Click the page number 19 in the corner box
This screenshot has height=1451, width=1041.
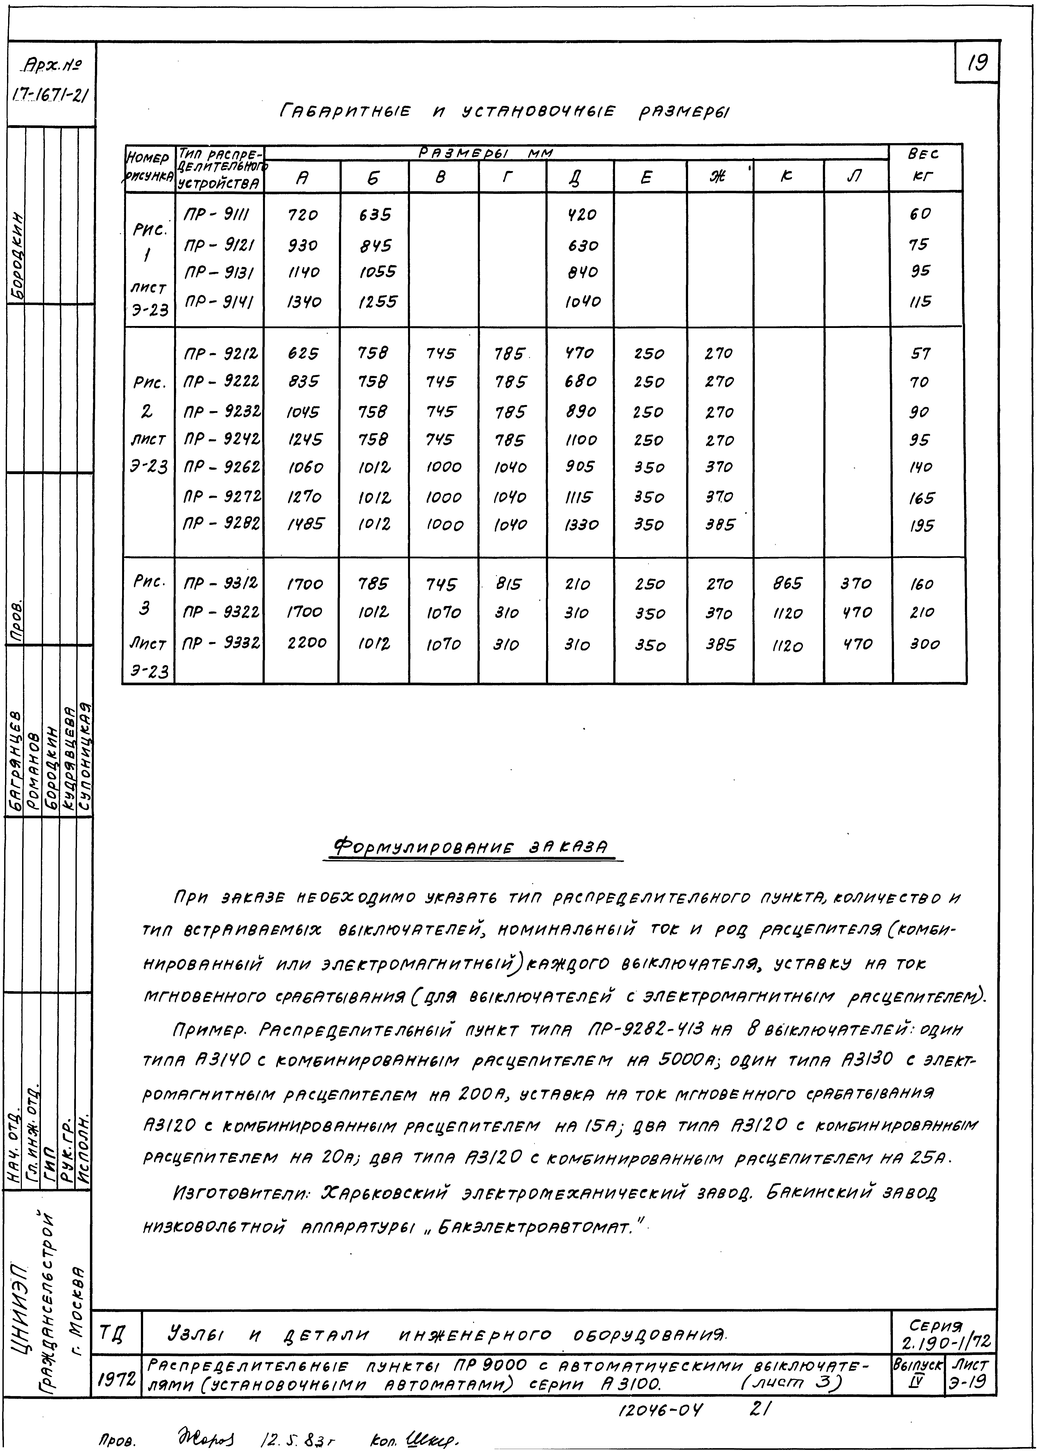point(977,63)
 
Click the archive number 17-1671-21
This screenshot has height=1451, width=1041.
point(50,96)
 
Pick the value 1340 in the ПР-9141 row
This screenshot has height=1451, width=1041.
point(302,301)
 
